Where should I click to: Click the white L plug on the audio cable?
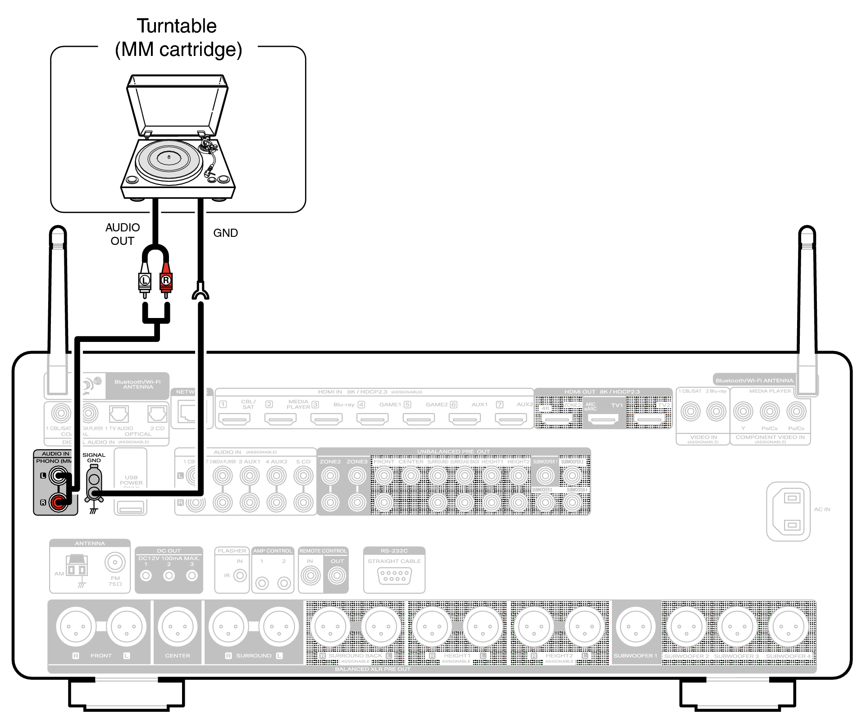click(x=144, y=281)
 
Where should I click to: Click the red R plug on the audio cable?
click(x=166, y=281)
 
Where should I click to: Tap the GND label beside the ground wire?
click(x=225, y=233)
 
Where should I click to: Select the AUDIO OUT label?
click(x=123, y=234)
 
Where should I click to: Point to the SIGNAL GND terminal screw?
click(x=94, y=492)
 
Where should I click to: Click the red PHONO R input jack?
click(x=58, y=502)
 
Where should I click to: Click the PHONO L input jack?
click(x=58, y=475)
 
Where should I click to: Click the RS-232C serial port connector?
click(x=394, y=576)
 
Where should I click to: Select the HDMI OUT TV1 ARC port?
click(x=603, y=419)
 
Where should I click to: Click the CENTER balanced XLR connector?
click(x=178, y=627)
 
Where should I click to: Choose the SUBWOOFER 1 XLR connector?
click(x=635, y=627)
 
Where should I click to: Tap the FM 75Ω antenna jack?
click(x=115, y=562)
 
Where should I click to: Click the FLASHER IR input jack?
click(x=240, y=576)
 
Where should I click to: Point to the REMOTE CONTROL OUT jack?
click(x=337, y=576)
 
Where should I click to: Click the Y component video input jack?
click(x=743, y=411)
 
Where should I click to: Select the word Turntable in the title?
click(x=177, y=26)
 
